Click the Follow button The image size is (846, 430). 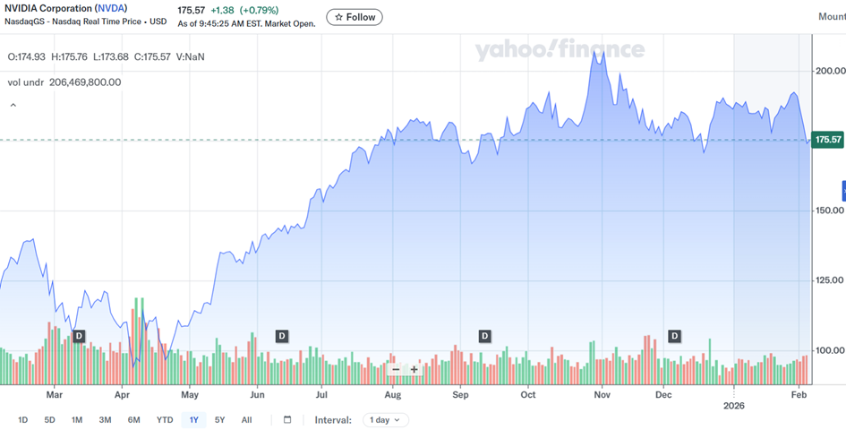click(x=355, y=17)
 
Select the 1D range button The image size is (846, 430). click(x=23, y=419)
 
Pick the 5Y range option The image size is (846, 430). click(x=220, y=419)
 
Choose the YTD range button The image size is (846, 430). click(x=165, y=419)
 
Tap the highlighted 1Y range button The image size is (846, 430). click(x=193, y=419)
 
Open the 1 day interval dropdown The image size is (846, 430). click(x=386, y=419)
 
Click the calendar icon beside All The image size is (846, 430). click(x=287, y=419)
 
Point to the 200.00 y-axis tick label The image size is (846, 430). click(x=829, y=71)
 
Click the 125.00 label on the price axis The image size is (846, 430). click(x=829, y=280)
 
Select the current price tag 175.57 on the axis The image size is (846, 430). click(x=826, y=140)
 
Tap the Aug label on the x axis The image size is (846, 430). click(x=392, y=393)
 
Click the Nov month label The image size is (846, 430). click(x=602, y=393)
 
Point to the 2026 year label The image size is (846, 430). click(x=733, y=405)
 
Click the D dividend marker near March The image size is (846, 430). click(x=79, y=336)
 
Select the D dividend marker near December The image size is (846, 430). click(x=675, y=336)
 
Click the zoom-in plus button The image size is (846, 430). click(x=414, y=369)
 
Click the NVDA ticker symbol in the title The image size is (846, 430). click(x=111, y=8)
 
